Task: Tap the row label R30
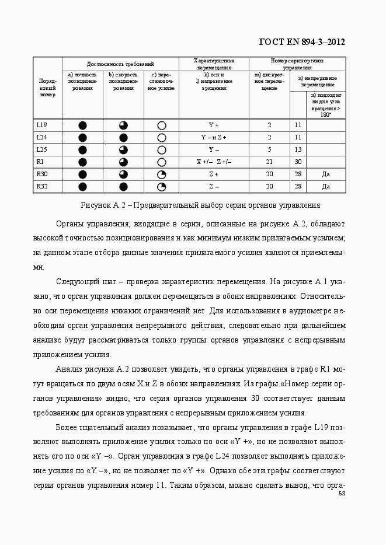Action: tap(41, 174)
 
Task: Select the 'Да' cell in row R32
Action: tap(326, 187)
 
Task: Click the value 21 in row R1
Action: tap(269, 162)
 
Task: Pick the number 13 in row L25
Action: tap(298, 149)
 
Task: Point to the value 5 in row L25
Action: tap(269, 149)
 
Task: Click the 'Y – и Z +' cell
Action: tap(214, 137)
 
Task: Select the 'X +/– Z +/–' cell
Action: tap(214, 162)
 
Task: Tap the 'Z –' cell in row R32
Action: tap(214, 187)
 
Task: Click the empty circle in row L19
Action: tap(162, 125)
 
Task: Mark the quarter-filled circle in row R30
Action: tap(162, 174)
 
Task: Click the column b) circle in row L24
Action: tap(123, 138)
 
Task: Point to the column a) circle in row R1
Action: tap(82, 162)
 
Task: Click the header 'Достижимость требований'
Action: tap(120, 63)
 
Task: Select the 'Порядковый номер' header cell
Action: tap(48, 88)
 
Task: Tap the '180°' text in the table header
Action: tap(326, 114)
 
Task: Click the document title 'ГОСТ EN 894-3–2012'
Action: tap(301, 41)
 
